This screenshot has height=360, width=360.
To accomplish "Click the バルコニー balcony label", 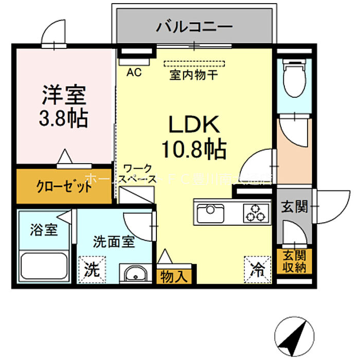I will click(194, 26).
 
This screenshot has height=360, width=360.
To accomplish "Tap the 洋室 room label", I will click(64, 95).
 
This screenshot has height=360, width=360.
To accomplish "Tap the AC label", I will click(134, 73).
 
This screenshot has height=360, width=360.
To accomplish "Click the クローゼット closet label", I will click(64, 186).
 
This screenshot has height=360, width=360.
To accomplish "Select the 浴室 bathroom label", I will click(43, 229).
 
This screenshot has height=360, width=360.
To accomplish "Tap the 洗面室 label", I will click(114, 242).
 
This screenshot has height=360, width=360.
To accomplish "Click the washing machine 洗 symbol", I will click(92, 268).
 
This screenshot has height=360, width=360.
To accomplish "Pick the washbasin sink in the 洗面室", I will click(135, 273).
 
